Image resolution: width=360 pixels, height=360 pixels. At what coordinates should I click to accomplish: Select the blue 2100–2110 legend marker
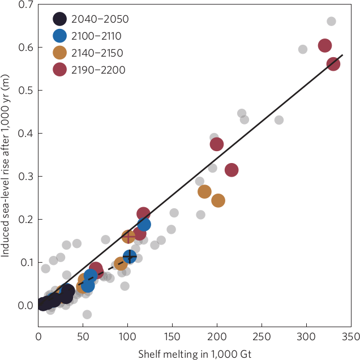[60, 36]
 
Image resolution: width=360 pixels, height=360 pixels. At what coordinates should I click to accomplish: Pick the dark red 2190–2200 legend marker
[60, 70]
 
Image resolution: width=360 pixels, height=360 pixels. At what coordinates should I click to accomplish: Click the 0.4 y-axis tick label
[25, 133]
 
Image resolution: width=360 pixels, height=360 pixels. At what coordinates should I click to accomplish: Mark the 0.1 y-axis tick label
[25, 262]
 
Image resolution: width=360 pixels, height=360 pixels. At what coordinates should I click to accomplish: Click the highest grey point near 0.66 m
[331, 22]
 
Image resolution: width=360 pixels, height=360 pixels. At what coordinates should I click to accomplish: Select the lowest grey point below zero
[87, 314]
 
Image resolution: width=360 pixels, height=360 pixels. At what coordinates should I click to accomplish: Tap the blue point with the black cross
[130, 257]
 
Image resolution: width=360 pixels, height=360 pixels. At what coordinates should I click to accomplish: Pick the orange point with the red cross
[128, 236]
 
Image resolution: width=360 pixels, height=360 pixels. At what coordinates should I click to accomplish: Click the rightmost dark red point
[333, 64]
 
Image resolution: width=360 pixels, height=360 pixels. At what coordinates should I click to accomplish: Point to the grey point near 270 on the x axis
[279, 120]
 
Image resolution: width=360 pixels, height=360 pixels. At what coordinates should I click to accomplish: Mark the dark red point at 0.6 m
[325, 46]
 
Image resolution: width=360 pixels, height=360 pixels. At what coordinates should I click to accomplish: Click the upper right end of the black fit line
[342, 55]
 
